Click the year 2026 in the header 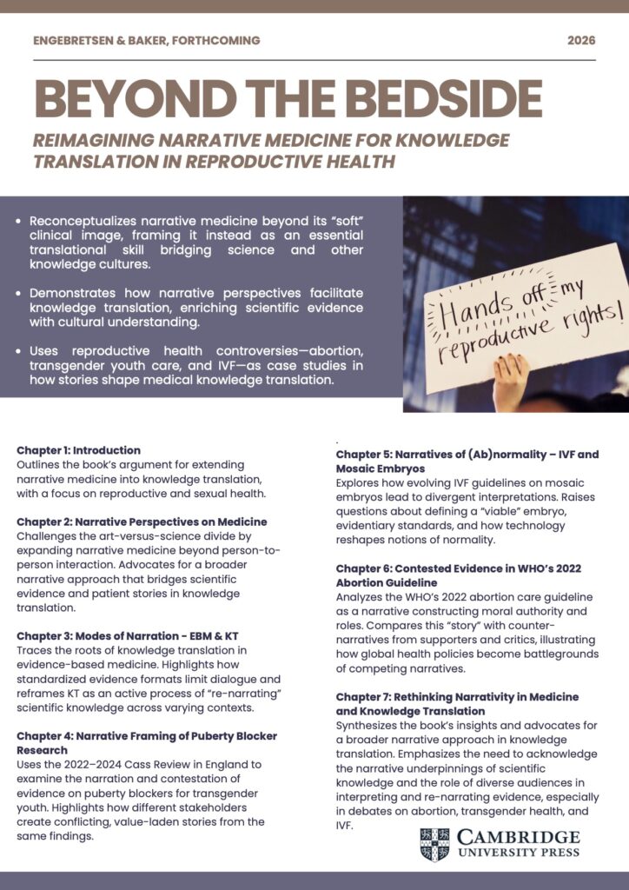[581, 41]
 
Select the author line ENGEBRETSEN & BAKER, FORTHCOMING [147, 41]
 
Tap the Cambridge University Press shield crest [434, 845]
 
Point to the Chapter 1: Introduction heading [78, 450]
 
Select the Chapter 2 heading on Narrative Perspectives [142, 521]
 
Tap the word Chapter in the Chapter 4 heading [40, 736]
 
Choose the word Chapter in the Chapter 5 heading [360, 455]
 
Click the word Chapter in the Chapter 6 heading [360, 568]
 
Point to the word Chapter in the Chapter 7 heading [360, 697]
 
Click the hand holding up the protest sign [510, 382]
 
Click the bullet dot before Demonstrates [20, 293]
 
